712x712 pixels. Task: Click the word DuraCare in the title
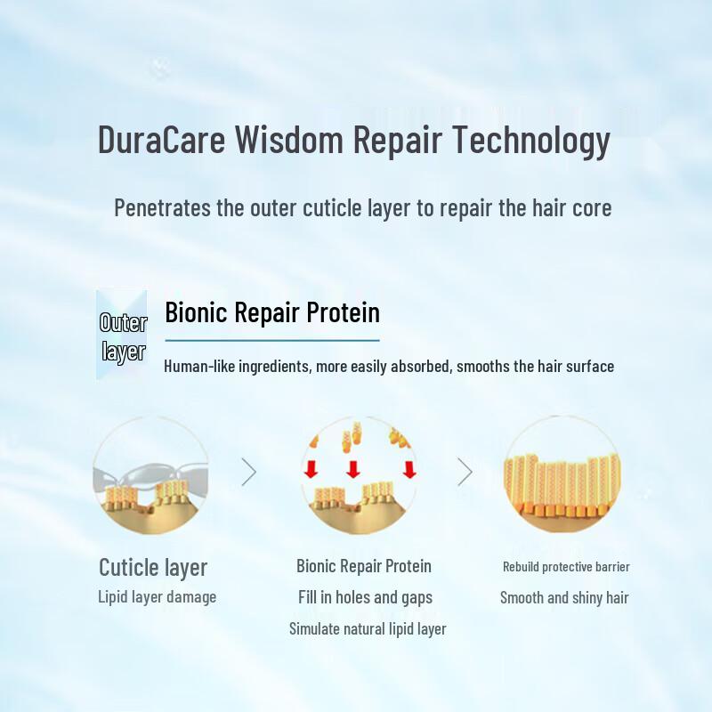(x=161, y=140)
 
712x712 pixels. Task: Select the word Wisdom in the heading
(x=288, y=140)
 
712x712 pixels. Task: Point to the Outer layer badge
(x=122, y=335)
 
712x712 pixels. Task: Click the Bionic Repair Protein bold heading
(x=272, y=312)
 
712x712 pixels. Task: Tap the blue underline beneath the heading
(x=272, y=340)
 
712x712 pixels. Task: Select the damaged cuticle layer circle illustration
(x=150, y=474)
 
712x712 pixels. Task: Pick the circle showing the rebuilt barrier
(x=563, y=474)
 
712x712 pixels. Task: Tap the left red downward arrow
(x=311, y=469)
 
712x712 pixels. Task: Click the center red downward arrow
(x=352, y=469)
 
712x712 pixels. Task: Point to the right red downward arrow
(x=409, y=469)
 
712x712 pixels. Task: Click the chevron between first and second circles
(x=249, y=472)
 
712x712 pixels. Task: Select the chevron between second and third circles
(x=465, y=472)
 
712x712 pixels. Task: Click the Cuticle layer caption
(x=153, y=568)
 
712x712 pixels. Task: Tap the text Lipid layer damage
(x=158, y=597)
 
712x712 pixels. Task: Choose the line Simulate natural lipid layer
(x=368, y=629)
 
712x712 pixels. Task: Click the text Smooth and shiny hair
(x=564, y=597)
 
